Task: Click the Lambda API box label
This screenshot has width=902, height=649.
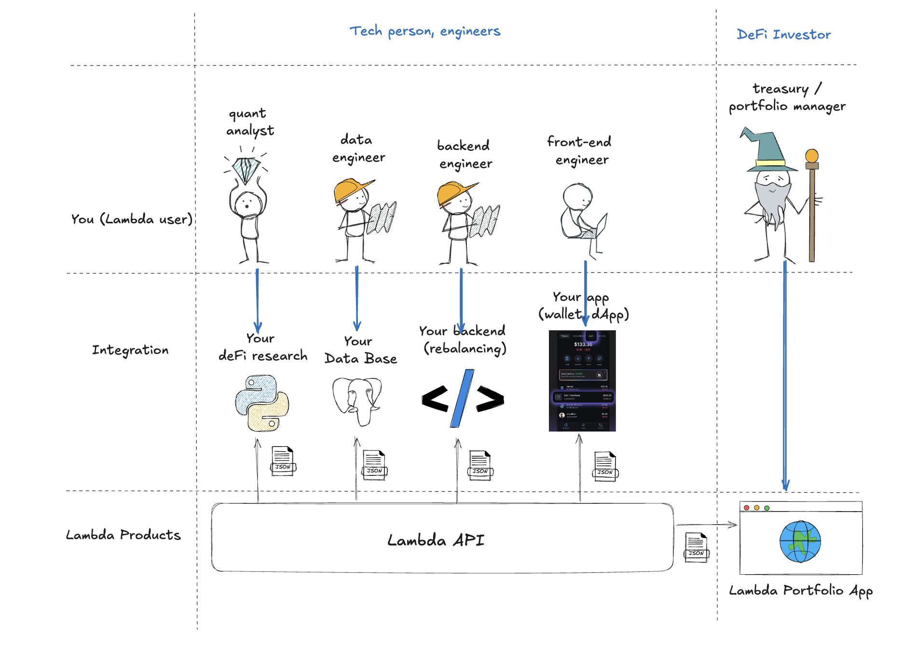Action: [x=436, y=540]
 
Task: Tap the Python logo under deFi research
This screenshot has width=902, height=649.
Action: [x=262, y=403]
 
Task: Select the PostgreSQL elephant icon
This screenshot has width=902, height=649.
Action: [x=357, y=400]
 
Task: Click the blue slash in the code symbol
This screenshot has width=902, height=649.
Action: [x=462, y=399]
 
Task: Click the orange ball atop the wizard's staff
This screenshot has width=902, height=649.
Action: [x=812, y=156]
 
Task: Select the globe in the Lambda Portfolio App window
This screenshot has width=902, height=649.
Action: [x=800, y=541]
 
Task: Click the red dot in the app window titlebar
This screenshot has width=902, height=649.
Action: [x=747, y=508]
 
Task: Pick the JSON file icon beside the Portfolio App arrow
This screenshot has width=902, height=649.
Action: [x=697, y=547]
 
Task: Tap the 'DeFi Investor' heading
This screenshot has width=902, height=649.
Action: [x=783, y=35]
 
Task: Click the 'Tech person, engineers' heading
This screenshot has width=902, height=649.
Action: [x=425, y=31]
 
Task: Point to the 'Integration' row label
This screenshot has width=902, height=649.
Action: [x=130, y=350]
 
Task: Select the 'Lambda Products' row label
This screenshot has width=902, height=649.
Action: [x=123, y=535]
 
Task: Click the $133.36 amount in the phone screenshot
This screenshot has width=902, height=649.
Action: [x=583, y=344]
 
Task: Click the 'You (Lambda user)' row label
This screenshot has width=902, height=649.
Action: [x=132, y=219]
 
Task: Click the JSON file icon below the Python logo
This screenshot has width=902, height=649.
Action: [x=283, y=461]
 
